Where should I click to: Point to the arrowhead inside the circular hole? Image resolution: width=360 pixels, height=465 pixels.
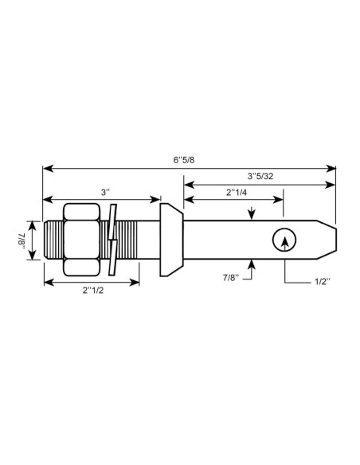click(x=282, y=236)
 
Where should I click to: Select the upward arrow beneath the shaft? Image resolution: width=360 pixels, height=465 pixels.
click(x=252, y=262)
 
